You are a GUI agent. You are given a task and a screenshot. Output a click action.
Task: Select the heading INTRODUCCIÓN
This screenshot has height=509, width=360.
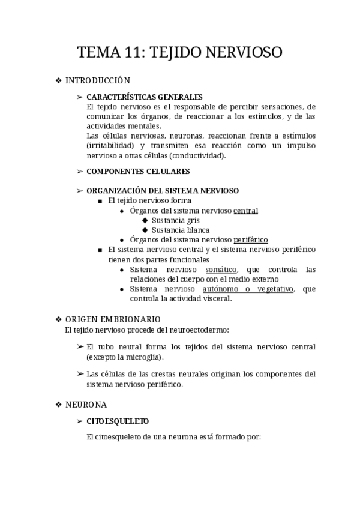point(97,80)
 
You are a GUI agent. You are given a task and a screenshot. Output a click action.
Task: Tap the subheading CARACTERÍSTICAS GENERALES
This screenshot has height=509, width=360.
point(145,97)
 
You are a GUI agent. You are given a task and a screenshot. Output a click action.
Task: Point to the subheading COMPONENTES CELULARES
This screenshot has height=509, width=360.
point(138,172)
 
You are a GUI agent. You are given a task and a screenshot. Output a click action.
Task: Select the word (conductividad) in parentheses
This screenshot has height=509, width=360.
point(197,155)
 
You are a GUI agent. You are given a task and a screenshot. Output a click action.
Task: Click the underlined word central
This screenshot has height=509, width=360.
point(246,211)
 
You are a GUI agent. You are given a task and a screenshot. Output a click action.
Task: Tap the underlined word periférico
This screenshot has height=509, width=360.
point(251,240)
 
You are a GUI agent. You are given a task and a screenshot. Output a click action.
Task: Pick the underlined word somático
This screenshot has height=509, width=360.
point(221,270)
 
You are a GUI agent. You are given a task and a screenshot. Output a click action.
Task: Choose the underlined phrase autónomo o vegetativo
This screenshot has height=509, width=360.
point(258,289)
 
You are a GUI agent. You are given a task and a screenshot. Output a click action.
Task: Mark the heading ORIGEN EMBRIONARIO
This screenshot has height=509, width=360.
point(113,319)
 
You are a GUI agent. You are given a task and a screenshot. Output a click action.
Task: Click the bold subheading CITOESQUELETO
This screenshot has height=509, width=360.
point(118,421)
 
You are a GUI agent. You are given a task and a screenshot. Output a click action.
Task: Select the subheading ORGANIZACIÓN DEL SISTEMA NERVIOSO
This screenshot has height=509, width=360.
point(163,191)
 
